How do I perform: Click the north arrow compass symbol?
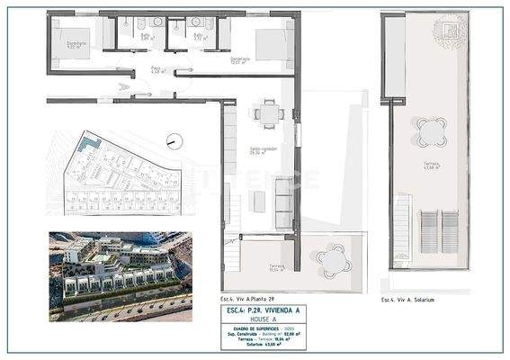click(x=174, y=141)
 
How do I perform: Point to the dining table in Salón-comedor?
click(x=267, y=114)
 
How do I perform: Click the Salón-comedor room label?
click(x=259, y=152)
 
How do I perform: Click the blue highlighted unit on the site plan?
click(x=86, y=142)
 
